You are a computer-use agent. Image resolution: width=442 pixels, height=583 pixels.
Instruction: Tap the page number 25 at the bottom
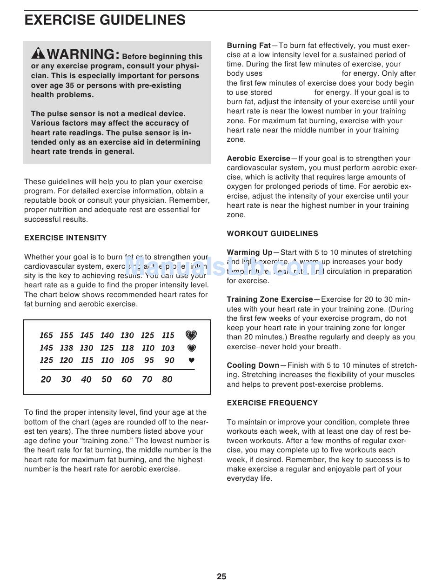pyautogui.click(x=221, y=576)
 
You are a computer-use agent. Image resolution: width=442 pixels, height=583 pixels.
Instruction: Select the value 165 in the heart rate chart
pyautogui.click(x=47, y=335)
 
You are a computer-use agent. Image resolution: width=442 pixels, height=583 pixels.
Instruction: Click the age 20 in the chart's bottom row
pyautogui.click(x=46, y=379)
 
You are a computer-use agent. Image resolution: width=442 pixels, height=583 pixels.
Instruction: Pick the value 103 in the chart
pyautogui.click(x=168, y=348)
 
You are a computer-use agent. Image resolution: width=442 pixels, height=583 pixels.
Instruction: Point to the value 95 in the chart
pyautogui.click(x=149, y=360)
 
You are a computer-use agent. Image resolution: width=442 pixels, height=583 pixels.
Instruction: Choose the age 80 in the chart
pyautogui.click(x=167, y=379)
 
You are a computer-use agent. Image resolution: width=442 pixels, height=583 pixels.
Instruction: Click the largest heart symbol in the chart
pyautogui.click(x=191, y=335)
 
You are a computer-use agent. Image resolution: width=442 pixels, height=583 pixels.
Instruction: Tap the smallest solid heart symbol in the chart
pyautogui.click(x=191, y=360)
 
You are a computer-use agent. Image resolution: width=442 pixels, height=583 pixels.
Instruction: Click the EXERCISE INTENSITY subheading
pyautogui.click(x=66, y=238)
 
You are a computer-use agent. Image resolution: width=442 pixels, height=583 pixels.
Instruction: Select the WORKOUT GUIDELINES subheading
pyautogui.click(x=273, y=234)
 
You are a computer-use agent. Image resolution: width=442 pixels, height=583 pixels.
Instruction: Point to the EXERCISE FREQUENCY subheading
pyautogui.click(x=273, y=403)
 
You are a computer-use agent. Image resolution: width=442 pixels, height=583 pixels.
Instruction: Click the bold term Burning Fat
pyautogui.click(x=248, y=46)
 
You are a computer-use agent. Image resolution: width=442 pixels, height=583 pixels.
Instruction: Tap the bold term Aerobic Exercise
pyautogui.click(x=258, y=159)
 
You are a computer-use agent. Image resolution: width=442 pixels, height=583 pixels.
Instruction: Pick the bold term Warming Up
pyautogui.click(x=249, y=252)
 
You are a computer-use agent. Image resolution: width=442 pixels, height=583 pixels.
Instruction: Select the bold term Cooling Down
pyautogui.click(x=253, y=365)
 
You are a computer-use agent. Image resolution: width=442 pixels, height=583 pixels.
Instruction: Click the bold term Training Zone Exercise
pyautogui.click(x=270, y=299)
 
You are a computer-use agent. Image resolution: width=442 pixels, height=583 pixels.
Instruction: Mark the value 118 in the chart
pyautogui.click(x=127, y=348)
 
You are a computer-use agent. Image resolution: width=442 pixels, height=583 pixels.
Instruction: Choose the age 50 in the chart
pyautogui.click(x=107, y=379)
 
